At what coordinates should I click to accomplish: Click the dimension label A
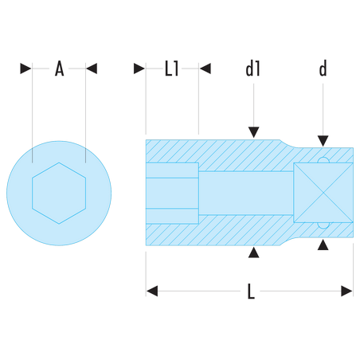pos(59,68)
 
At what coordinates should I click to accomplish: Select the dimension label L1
pos(172,68)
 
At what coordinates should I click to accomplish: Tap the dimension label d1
pos(253,68)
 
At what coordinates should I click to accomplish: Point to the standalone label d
pos(323,68)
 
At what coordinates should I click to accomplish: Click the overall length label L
pos(251,292)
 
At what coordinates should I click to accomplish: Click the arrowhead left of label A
pos(25,68)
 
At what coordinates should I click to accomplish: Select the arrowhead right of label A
pos(92,68)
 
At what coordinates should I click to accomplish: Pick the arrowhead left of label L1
pos(139,68)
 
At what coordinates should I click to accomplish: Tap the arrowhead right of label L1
pos(205,68)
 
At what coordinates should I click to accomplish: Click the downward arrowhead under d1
pos(253,132)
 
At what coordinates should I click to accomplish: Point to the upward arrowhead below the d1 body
pos(253,252)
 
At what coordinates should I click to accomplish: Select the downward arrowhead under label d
pos(323,141)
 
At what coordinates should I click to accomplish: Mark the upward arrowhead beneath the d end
pos(323,245)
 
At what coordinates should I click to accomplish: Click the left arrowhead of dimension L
pos(152,291)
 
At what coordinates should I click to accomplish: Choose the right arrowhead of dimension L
pos(346,291)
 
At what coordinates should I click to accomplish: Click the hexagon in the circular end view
pos(59,194)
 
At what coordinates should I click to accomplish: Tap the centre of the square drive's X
pos(323,193)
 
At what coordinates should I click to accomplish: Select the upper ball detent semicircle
pos(323,160)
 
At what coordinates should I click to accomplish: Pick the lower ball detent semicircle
pos(323,225)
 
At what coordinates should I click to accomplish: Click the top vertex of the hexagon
pos(59,162)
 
